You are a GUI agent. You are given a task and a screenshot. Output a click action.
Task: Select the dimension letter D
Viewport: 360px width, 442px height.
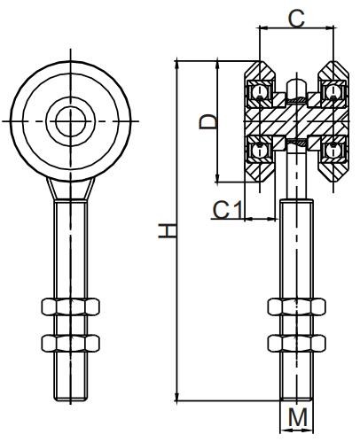207,120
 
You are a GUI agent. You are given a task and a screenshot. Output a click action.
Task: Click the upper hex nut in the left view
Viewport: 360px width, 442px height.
72,309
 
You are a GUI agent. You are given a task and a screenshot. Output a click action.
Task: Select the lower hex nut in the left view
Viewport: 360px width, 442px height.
72,341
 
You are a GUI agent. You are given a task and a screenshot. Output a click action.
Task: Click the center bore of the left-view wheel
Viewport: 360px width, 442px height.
72,120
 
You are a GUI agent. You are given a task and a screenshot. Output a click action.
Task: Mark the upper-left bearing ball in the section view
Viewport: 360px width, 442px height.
261,90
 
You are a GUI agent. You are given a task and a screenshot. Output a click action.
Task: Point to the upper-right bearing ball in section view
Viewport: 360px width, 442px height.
335,90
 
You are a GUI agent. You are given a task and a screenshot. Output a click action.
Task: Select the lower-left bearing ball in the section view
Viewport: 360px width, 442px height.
261,150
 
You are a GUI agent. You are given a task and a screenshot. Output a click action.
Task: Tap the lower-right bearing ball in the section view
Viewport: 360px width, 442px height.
335,150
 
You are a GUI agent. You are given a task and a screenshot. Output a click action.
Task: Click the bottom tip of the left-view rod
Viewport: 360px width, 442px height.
72,398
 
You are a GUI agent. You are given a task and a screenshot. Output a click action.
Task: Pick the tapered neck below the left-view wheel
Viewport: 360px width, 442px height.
72,189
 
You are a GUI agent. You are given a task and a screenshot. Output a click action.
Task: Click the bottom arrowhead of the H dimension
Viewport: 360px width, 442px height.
179,398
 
